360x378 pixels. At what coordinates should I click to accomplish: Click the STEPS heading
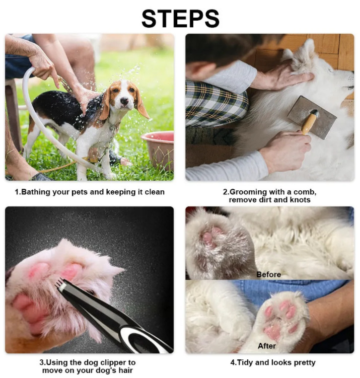point(180,19)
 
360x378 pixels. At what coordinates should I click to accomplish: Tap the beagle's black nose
point(124,100)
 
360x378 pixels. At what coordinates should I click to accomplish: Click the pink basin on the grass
point(158,149)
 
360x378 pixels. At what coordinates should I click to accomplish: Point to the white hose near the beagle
point(48,120)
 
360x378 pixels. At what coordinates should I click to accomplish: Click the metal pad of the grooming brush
point(312,117)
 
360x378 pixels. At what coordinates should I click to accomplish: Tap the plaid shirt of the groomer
point(215,104)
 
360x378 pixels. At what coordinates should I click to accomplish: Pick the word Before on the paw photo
point(268,275)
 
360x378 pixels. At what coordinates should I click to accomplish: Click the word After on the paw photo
point(267,346)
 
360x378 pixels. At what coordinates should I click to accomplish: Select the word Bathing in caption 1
point(36,192)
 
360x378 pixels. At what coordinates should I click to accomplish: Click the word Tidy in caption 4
point(244,362)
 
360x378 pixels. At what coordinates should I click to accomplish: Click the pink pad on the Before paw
point(209,236)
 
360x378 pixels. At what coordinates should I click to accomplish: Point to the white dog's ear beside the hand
point(299,55)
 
